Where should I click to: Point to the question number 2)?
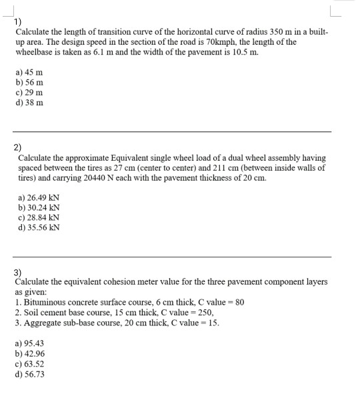18,149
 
